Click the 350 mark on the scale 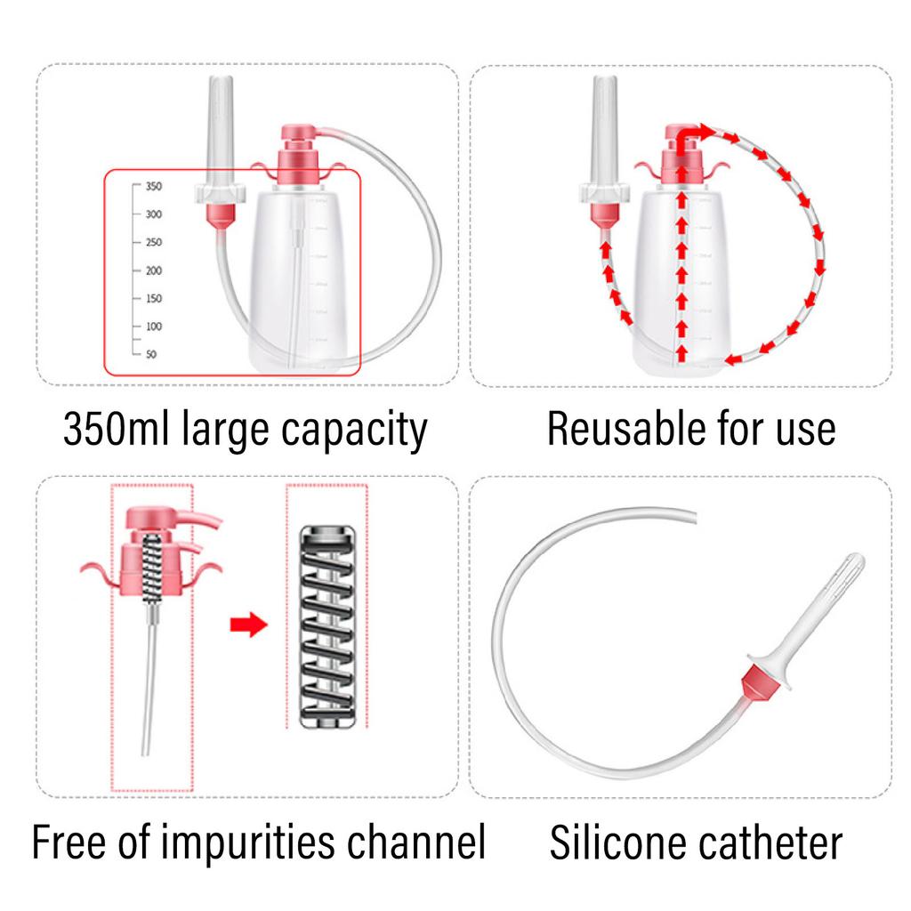point(152,187)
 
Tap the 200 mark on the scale point(152,270)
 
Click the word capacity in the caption point(354,430)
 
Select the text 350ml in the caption point(117,430)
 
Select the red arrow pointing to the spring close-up point(248,625)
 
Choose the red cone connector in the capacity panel point(219,214)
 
